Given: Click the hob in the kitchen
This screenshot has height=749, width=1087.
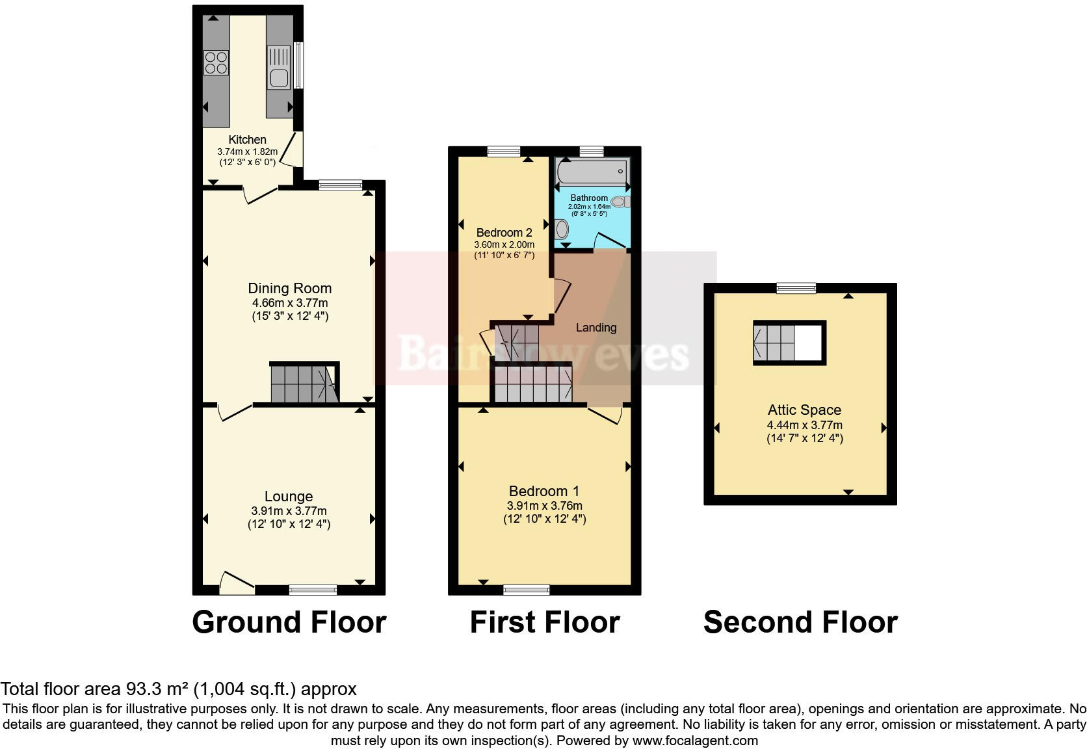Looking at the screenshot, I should (216, 62).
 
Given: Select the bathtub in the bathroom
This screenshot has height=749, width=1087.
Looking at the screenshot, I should (592, 172).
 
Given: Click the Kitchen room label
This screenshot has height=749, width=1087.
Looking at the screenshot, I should (247, 139).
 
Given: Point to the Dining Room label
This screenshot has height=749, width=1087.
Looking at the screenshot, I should (290, 288).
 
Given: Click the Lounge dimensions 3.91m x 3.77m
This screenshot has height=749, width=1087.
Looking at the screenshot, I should (289, 511).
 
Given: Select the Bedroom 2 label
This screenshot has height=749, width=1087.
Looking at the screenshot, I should (504, 232).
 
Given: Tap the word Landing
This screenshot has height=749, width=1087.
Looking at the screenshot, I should (596, 328).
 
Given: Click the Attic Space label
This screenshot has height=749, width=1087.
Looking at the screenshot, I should (804, 410).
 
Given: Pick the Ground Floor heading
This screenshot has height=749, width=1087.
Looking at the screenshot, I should (289, 622).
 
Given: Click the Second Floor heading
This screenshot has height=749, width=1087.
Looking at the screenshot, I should (800, 622).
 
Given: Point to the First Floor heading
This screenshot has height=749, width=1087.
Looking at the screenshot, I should (545, 622).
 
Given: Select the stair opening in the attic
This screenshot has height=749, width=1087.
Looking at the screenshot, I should (789, 343).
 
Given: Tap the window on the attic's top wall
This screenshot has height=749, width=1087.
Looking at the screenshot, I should (796, 288).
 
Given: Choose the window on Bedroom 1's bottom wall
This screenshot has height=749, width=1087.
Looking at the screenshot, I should (527, 590).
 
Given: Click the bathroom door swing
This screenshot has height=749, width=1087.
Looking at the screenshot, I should (610, 242).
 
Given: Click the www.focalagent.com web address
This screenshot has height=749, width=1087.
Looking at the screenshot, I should (695, 741).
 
